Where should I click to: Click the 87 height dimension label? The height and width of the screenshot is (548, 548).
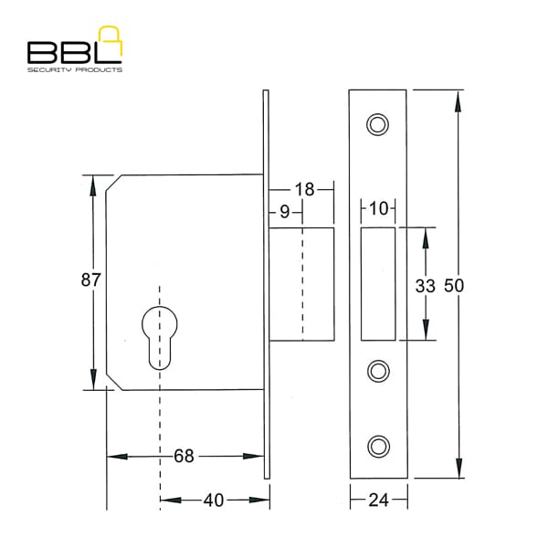[x=90, y=280]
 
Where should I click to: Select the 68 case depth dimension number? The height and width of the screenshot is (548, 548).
[x=184, y=456]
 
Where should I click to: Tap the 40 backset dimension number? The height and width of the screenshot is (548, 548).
[x=214, y=501]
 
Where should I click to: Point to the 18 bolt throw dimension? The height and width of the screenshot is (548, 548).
[x=304, y=189]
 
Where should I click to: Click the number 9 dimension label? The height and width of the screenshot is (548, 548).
[x=285, y=212]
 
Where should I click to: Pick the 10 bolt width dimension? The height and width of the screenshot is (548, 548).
[x=378, y=208]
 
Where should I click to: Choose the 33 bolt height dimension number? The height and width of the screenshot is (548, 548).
[x=425, y=286]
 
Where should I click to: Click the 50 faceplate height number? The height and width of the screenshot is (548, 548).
[x=454, y=285]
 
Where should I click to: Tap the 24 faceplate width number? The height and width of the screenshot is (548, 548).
[x=378, y=501]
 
